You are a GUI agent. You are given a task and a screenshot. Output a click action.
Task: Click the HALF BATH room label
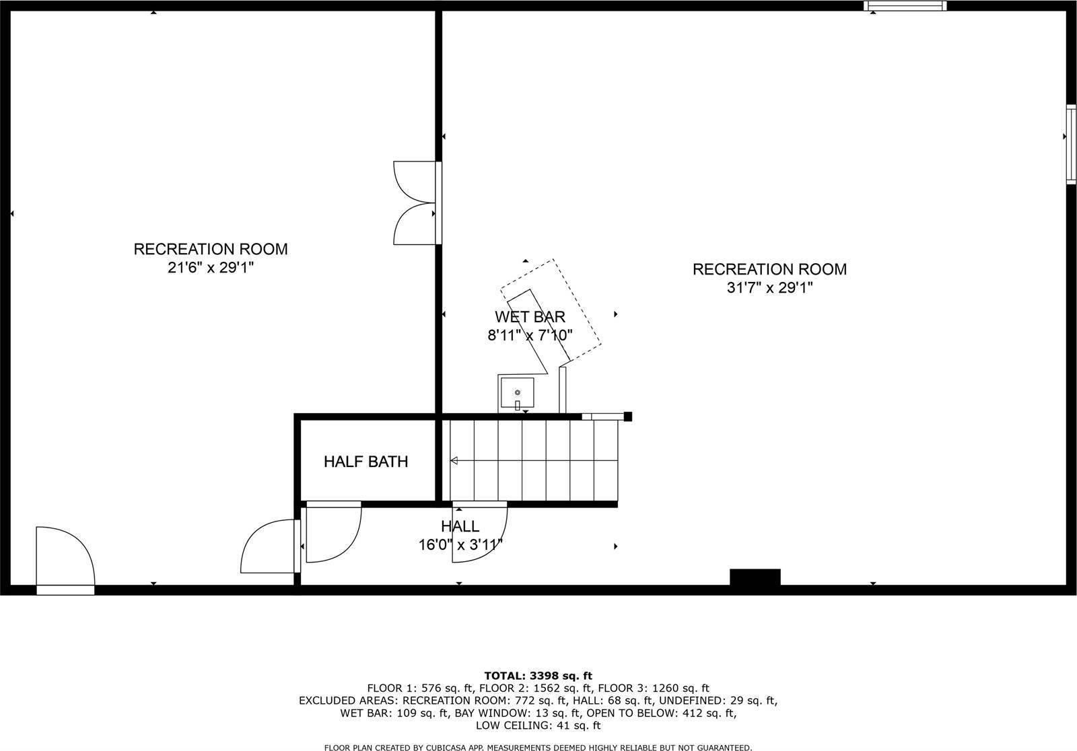[366, 462]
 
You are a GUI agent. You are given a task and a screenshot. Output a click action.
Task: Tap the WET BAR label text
[530, 317]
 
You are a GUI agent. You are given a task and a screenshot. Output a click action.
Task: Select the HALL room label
[460, 526]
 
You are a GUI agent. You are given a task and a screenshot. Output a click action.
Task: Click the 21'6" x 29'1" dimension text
[211, 267]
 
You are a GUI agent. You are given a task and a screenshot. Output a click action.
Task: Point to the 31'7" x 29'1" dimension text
[770, 287]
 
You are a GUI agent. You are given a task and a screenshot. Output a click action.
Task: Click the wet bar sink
[518, 393]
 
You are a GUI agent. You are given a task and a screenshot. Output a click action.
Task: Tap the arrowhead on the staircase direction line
[454, 461]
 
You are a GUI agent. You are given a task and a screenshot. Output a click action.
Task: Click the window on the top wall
[905, 6]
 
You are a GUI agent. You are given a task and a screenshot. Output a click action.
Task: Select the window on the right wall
[1071, 144]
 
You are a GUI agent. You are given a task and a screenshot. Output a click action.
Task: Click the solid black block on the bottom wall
[755, 577]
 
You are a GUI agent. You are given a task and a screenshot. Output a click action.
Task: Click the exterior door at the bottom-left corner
[65, 561]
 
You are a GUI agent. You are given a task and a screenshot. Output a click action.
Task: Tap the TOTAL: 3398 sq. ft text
[538, 676]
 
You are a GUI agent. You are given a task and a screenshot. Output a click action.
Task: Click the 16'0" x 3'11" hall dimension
[460, 544]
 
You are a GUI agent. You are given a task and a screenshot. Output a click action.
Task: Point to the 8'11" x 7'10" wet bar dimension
[530, 335]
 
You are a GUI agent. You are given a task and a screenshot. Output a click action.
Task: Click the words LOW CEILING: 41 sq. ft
[538, 725]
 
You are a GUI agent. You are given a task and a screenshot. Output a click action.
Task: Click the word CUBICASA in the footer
[447, 748]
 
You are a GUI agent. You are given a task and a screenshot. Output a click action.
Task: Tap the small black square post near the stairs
[628, 417]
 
